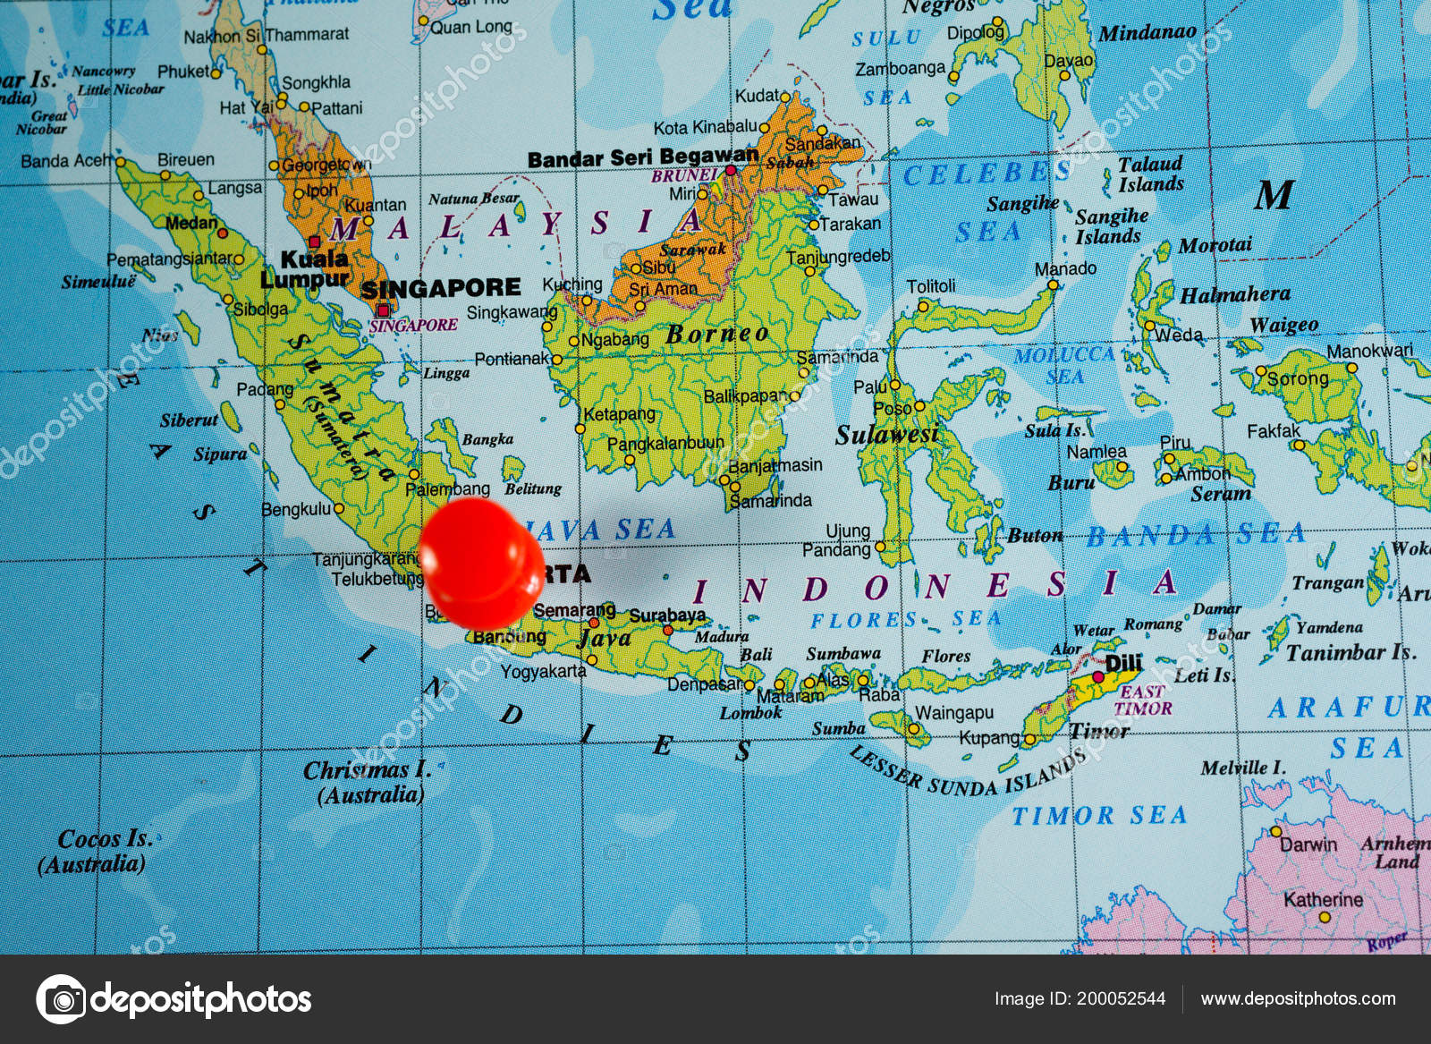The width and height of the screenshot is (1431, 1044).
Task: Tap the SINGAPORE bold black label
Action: coord(441,288)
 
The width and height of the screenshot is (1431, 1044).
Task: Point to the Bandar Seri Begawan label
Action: coord(642,158)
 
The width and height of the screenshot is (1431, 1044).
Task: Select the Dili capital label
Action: coord(1123,663)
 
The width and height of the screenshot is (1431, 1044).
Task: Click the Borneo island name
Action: coord(717,335)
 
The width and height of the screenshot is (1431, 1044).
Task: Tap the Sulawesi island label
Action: coord(886,435)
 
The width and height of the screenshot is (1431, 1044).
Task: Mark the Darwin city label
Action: coord(1308,845)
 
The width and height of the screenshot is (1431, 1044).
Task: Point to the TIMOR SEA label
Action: coord(1099,815)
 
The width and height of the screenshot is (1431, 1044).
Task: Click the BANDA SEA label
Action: coord(1195,535)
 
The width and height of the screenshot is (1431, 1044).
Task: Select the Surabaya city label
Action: coord(667,615)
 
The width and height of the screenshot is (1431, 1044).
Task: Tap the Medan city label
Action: coord(191,223)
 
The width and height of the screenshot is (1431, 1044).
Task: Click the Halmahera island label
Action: coord(1235,295)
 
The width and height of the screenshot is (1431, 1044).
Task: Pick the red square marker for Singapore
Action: coord(383,310)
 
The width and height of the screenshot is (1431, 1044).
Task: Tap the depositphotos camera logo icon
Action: coord(61,998)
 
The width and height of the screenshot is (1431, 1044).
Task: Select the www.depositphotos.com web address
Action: coord(1298,998)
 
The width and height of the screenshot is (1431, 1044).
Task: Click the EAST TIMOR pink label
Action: coord(1142,700)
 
